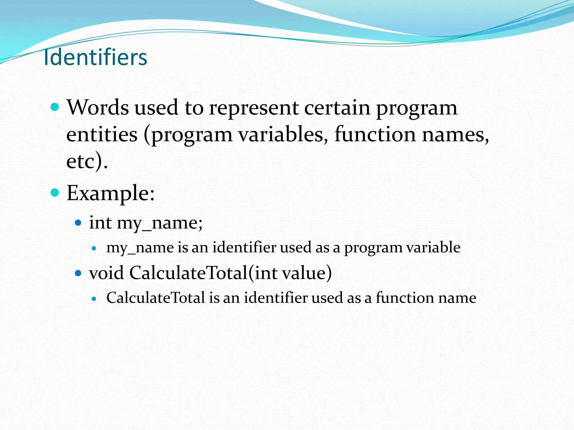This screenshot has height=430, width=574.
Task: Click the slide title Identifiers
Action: [x=96, y=57]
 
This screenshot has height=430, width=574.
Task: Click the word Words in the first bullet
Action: [x=98, y=107]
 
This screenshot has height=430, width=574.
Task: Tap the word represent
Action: [x=254, y=108]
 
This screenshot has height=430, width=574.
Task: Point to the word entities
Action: [x=102, y=134]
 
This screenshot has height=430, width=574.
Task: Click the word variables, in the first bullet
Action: [x=283, y=134]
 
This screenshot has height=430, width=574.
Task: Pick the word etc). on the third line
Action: [x=87, y=161]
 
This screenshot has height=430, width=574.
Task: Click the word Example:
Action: [x=110, y=193]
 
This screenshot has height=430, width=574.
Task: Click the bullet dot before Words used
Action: [x=55, y=107]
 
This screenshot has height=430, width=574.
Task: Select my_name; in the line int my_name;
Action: [x=159, y=223]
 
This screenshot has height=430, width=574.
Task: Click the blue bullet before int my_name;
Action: [x=78, y=223]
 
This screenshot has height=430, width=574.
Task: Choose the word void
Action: [x=106, y=273]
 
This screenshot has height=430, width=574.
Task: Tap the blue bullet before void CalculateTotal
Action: [x=78, y=273]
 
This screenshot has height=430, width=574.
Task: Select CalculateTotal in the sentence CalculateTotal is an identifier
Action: [x=156, y=298]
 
